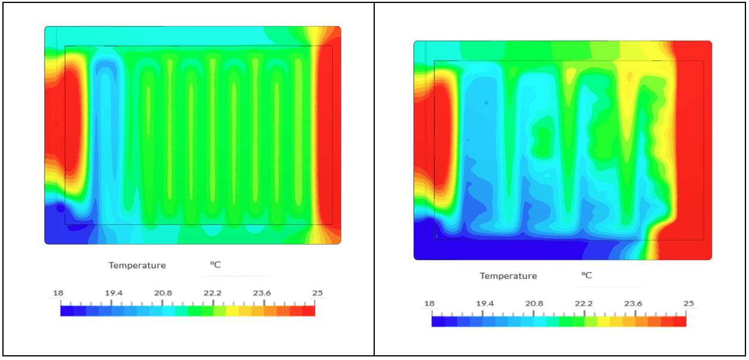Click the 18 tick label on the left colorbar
[x=58, y=293]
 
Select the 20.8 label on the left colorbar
[x=163, y=293]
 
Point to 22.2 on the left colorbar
[x=212, y=293]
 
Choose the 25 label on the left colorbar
[x=318, y=293]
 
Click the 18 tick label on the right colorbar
[x=429, y=303]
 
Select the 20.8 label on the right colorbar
[x=534, y=303]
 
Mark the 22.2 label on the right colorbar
[x=584, y=303]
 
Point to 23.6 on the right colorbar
[x=633, y=303]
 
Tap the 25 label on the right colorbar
[x=689, y=303]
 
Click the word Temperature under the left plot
[x=137, y=265]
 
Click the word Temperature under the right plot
[x=508, y=276]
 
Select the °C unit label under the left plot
[x=215, y=265]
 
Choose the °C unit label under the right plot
[x=587, y=276]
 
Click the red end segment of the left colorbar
[x=308, y=311]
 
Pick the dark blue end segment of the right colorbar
[x=438, y=321]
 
